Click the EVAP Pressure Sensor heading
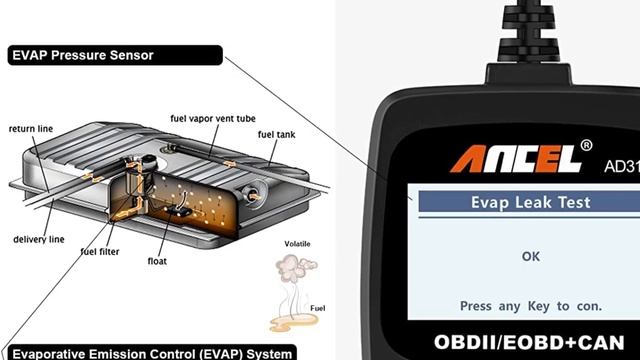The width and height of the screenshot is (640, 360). tap(81, 55)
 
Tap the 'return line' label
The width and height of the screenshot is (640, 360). tap(30, 129)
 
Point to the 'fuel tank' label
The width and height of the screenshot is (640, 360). tap(275, 134)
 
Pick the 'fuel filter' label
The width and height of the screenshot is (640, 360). tap(102, 251)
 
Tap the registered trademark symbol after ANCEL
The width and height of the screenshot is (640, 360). tap(586, 146)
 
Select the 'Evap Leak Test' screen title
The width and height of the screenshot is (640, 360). tap(531, 203)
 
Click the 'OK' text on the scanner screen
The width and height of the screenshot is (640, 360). tap(531, 256)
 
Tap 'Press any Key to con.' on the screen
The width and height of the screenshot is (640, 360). tap(531, 304)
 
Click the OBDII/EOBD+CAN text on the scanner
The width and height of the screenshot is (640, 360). tap(530, 342)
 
